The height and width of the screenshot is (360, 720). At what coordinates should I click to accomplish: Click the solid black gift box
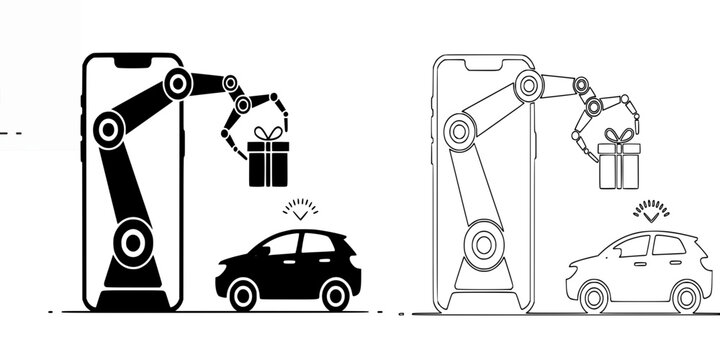268,164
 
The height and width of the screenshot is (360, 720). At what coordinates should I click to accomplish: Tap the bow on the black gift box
267,134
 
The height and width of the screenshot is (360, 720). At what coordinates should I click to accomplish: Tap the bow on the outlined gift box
619,136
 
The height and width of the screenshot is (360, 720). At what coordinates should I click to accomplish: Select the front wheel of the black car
245,293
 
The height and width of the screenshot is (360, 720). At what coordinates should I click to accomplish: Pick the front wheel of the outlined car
594,296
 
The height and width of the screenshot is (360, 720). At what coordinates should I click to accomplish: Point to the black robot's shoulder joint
108,129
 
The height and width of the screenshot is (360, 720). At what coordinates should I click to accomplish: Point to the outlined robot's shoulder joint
459,129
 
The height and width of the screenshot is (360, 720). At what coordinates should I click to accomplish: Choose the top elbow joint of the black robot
178,83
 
